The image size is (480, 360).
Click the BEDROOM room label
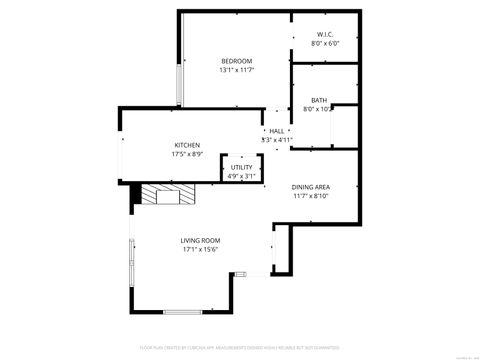pyautogui.click(x=236, y=60)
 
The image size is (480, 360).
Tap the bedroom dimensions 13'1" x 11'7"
pyautogui.click(x=236, y=70)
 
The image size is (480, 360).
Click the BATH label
pyautogui.click(x=318, y=100)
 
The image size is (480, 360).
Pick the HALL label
pyautogui.click(x=276, y=131)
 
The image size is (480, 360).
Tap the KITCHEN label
pyautogui.click(x=187, y=144)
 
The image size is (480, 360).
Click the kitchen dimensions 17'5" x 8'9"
pyautogui.click(x=187, y=154)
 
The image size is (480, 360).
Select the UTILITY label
pyautogui.click(x=241, y=167)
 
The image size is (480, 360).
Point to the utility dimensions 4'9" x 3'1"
pyautogui.click(x=241, y=176)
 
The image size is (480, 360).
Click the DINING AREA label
pyautogui.click(x=311, y=187)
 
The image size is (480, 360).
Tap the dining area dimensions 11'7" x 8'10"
pyautogui.click(x=311, y=197)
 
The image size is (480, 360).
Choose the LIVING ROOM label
pyautogui.click(x=200, y=240)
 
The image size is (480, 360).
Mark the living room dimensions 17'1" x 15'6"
pyautogui.click(x=200, y=250)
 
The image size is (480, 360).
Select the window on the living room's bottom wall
pyautogui.click(x=183, y=311)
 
